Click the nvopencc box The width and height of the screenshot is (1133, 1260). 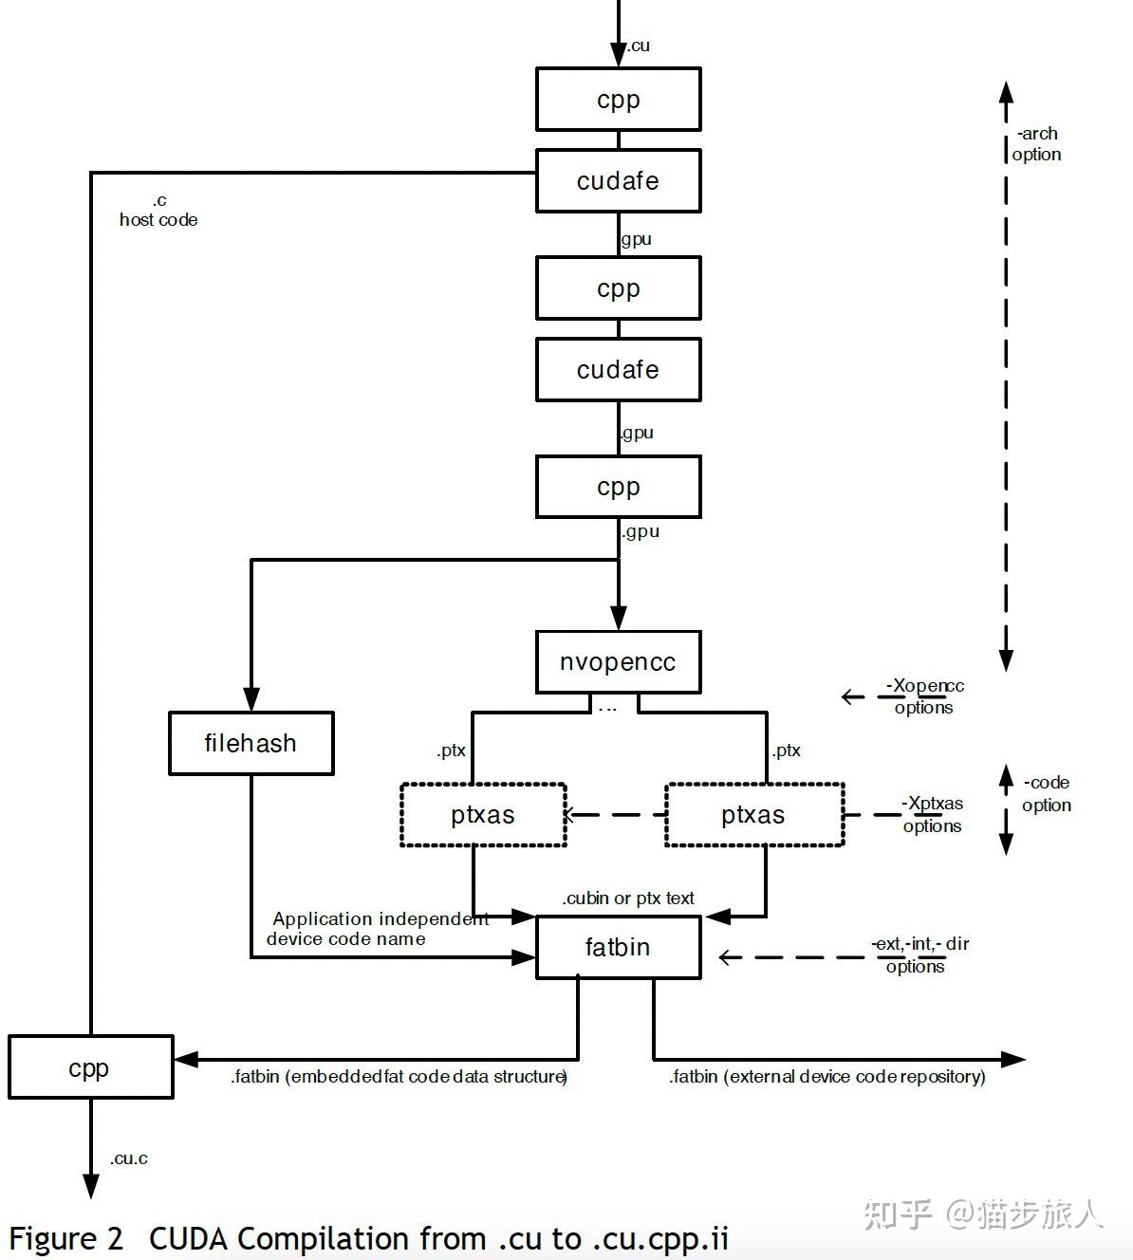(x=619, y=662)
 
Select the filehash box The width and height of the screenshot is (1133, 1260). (x=251, y=743)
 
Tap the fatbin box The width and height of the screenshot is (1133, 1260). (x=619, y=947)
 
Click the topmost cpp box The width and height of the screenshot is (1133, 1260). (x=619, y=100)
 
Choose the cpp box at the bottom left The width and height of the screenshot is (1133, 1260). (x=90, y=1067)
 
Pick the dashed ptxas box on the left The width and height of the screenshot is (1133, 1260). (x=483, y=815)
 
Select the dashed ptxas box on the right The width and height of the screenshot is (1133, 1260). (x=754, y=815)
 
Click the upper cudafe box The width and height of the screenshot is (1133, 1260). (x=619, y=181)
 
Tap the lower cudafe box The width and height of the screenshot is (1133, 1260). (x=619, y=370)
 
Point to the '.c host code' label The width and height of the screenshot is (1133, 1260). (x=158, y=211)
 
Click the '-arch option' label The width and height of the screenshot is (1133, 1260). (x=1036, y=144)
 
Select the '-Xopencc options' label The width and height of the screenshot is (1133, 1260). (x=923, y=696)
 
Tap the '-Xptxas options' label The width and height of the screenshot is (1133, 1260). (x=932, y=815)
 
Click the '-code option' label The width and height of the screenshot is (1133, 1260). (x=1047, y=794)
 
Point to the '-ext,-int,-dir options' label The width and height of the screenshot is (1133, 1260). (x=920, y=954)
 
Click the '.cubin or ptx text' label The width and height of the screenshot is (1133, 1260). (x=628, y=899)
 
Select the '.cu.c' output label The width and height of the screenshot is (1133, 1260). (x=129, y=1158)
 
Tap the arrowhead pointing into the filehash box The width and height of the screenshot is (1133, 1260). (x=251, y=699)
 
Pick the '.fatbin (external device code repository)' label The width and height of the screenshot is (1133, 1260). (x=827, y=1077)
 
